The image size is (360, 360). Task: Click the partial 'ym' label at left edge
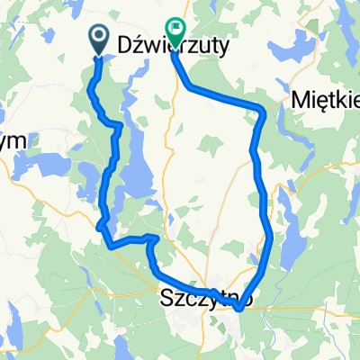[x=14, y=140]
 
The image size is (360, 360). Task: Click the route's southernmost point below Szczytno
[x=239, y=309]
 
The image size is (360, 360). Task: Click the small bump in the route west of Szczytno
[x=153, y=238]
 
